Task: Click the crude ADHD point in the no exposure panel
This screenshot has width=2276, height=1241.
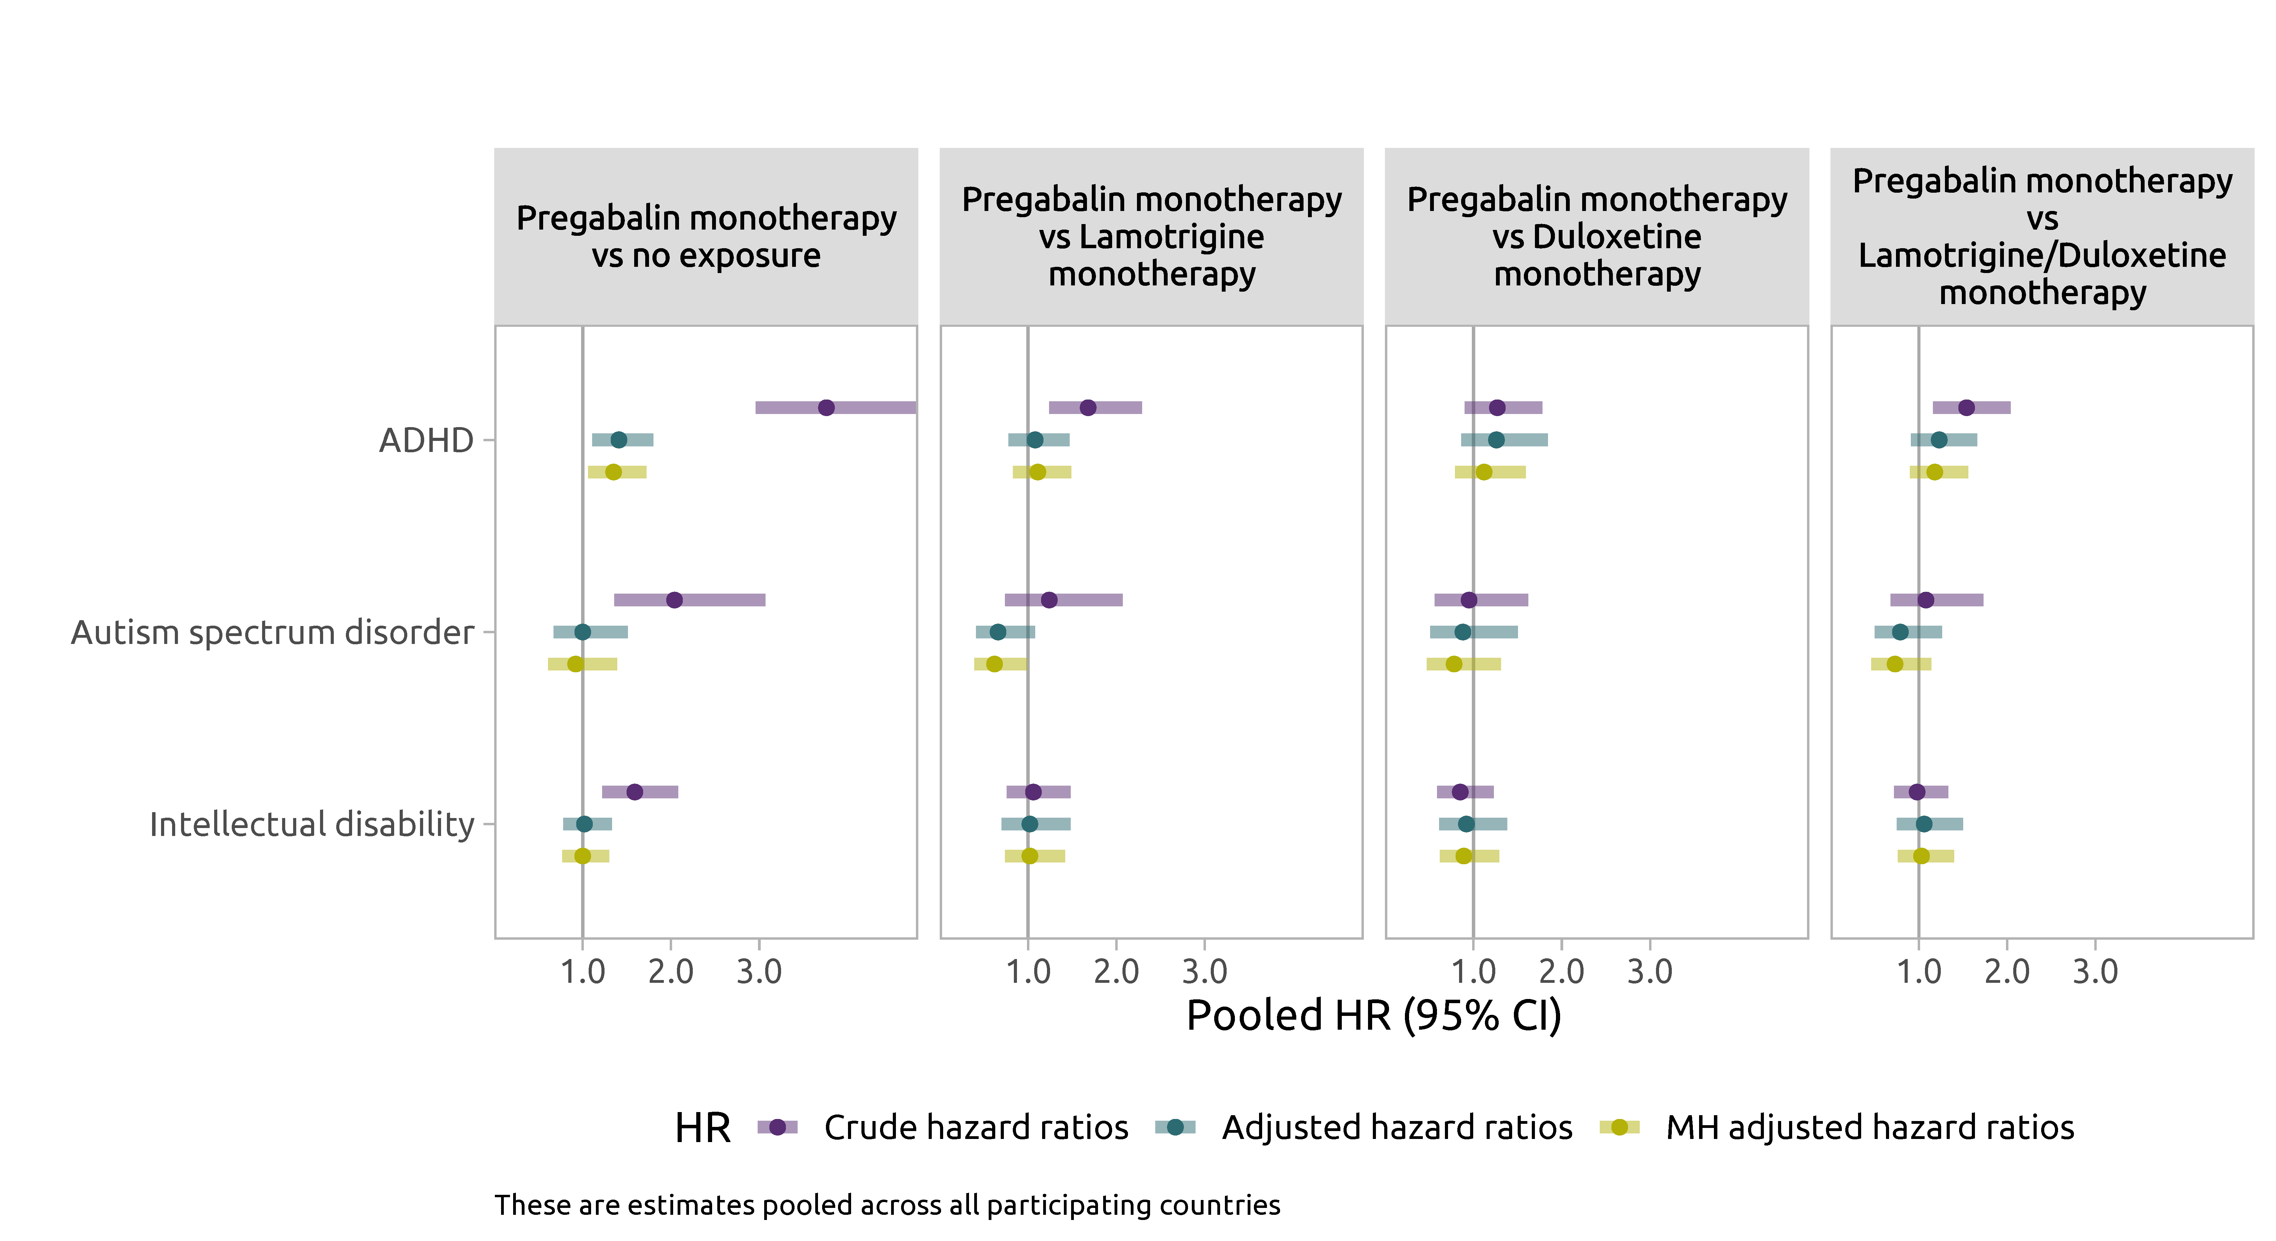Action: click(x=826, y=407)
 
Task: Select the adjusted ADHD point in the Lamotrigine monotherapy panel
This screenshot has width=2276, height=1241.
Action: click(x=1035, y=440)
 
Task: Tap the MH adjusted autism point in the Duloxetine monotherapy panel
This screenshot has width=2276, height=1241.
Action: click(x=1454, y=663)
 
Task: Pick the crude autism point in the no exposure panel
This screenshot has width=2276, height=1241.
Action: click(x=674, y=600)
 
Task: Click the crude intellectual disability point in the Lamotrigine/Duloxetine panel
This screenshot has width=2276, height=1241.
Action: click(x=1916, y=791)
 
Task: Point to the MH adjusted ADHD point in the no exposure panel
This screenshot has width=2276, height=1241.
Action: click(x=613, y=472)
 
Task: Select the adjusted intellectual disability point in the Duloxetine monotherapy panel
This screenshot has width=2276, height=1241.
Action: click(x=1466, y=824)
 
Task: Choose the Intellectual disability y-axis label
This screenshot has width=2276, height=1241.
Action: click(x=312, y=824)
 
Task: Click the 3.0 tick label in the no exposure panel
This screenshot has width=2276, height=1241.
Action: click(x=759, y=972)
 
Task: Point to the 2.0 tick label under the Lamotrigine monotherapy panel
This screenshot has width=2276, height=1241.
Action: click(x=1116, y=972)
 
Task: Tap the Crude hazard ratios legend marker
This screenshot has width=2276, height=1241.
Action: click(x=778, y=1127)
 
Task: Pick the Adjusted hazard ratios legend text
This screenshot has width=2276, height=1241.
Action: click(x=1397, y=1127)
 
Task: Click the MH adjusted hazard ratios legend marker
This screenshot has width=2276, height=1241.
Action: click(x=1619, y=1127)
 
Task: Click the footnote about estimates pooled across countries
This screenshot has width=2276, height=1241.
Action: click(x=887, y=1205)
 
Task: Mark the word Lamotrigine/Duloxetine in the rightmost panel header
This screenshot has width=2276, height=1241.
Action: click(x=2042, y=255)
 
